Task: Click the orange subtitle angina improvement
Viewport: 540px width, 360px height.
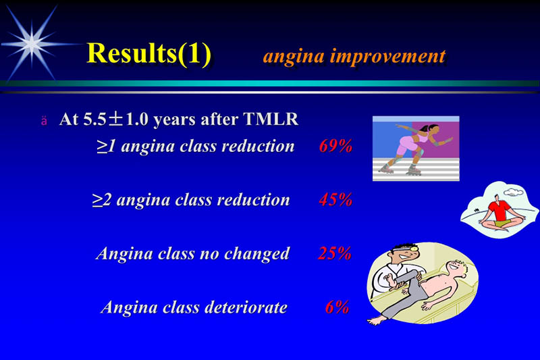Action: (354, 55)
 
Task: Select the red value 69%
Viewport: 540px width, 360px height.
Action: (335, 146)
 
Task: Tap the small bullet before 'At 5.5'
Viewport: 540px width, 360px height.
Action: (44, 121)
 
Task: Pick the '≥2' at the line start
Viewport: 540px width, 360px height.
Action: (101, 200)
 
